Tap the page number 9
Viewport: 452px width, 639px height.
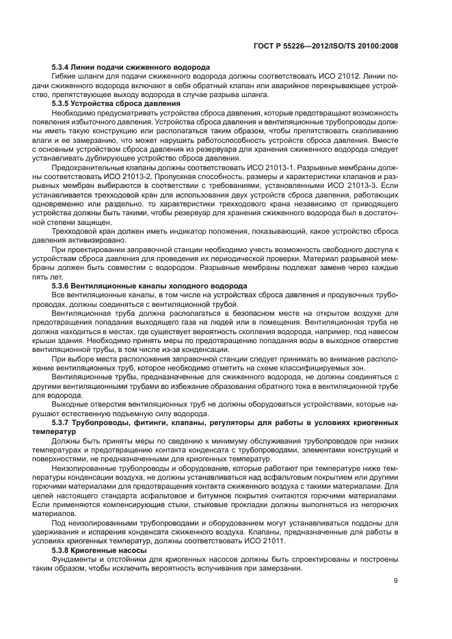click(x=396, y=581)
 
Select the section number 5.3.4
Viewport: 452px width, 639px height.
click(x=63, y=68)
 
